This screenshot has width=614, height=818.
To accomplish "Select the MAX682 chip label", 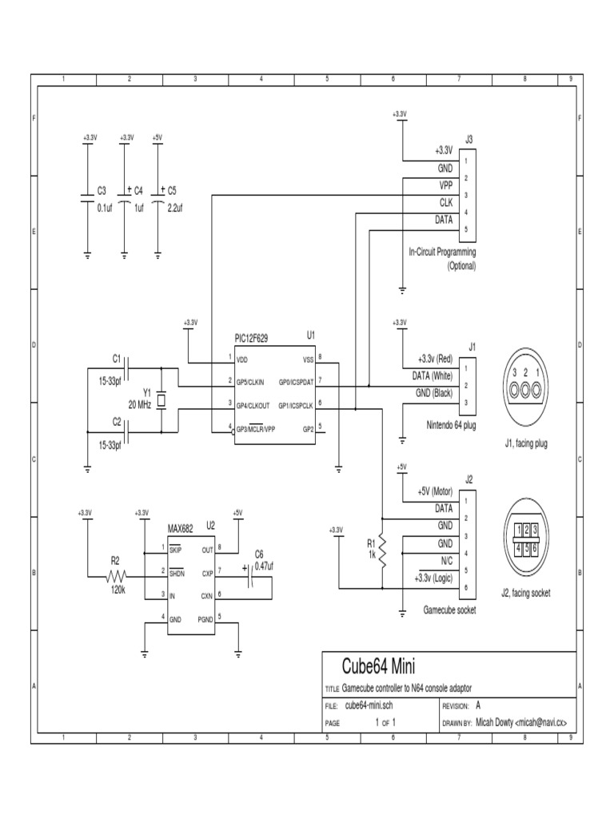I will click(181, 528).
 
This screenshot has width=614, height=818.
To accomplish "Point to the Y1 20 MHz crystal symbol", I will click(161, 399).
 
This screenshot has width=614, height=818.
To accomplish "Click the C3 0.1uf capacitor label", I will click(101, 191).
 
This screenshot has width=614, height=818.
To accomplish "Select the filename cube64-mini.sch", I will click(369, 706).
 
